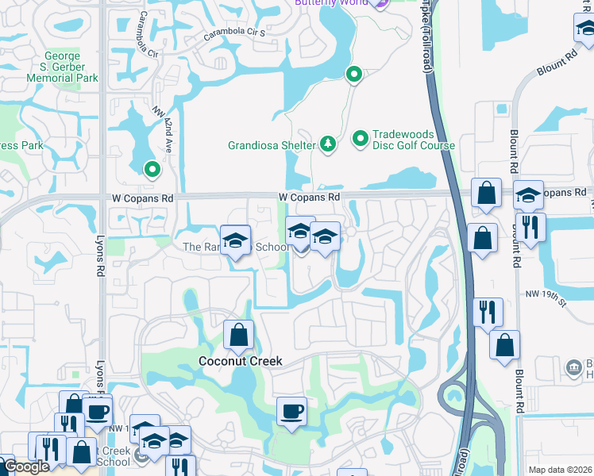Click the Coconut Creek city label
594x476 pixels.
[240, 361]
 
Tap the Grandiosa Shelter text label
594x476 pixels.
[272, 145]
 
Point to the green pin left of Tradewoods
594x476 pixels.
[361, 139]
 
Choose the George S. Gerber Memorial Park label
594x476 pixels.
[62, 67]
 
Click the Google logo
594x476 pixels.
[25, 466]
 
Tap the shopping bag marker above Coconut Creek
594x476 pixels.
[238, 336]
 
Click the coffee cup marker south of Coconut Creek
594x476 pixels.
[291, 412]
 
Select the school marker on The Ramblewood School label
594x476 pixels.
[235, 240]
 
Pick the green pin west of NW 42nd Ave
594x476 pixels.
[151, 169]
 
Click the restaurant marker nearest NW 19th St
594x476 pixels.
[486, 312]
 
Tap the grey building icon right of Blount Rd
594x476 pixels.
[573, 367]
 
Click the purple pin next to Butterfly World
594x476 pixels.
[379, 3]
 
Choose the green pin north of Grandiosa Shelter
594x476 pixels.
[353, 75]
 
